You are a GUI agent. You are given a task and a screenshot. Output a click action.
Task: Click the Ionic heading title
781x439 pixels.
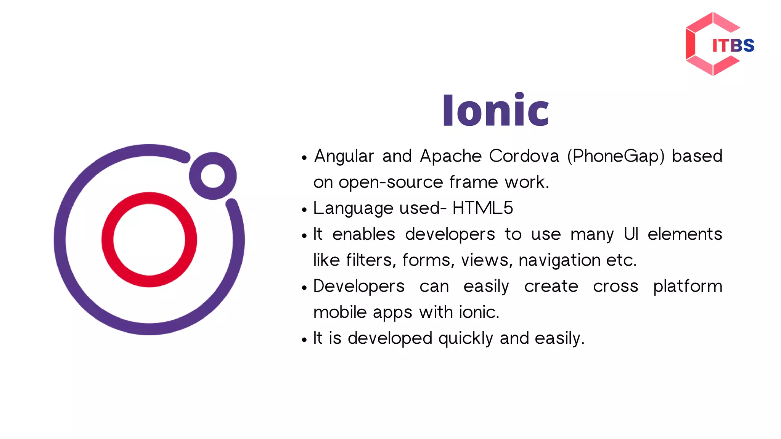tap(495, 111)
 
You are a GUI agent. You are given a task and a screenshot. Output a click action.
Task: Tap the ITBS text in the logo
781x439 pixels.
tap(733, 46)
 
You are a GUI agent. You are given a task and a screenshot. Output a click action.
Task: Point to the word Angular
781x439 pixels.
tap(344, 156)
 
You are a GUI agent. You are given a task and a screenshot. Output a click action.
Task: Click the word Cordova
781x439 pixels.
tap(524, 156)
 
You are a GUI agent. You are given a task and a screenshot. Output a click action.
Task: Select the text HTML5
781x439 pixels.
tap(482, 208)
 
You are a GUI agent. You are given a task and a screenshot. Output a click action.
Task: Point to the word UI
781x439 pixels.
tap(631, 234)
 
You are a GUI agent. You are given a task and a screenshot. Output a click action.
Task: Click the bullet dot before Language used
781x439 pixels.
tap(304, 210)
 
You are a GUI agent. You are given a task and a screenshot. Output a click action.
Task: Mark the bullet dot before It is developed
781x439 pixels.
tap(304, 340)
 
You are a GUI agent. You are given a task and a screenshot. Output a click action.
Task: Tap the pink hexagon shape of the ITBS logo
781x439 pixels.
tap(691, 44)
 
